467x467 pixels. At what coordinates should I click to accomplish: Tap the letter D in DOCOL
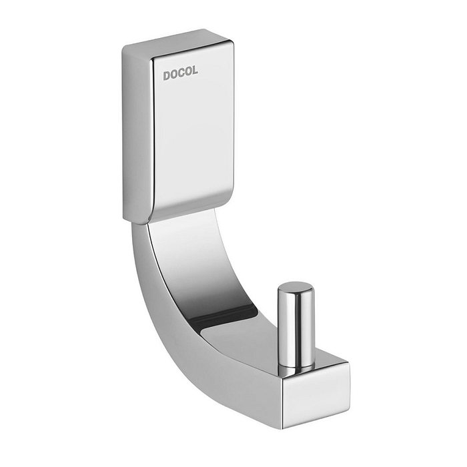(x=167, y=75)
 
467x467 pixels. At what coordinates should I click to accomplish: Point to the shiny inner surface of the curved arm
(x=200, y=267)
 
